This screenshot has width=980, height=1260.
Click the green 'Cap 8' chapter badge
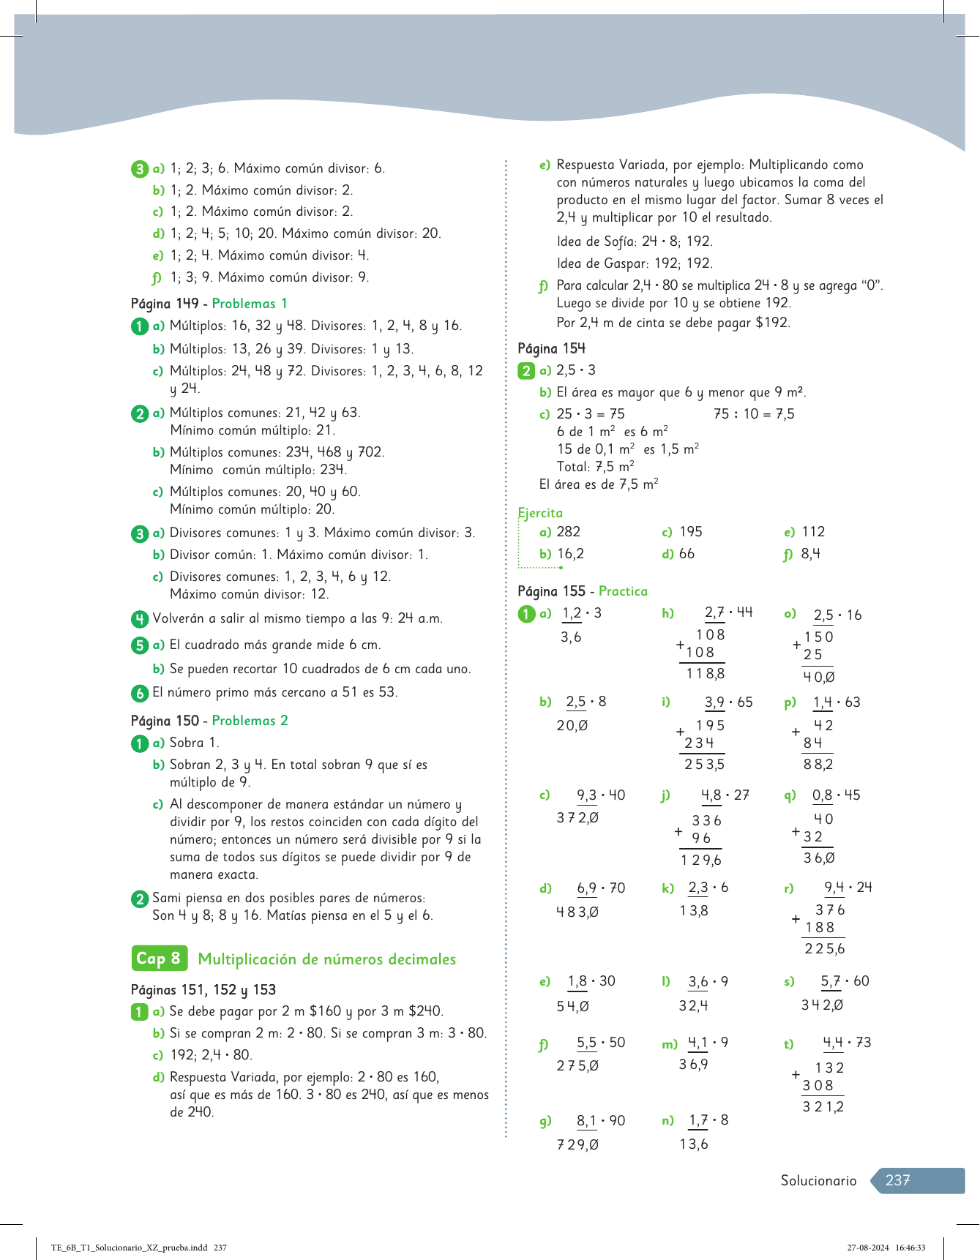coord(158,959)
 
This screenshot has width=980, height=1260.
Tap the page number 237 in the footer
coord(897,1180)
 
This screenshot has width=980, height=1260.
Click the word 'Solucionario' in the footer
coord(818,1180)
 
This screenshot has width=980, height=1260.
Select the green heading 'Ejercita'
coord(540,513)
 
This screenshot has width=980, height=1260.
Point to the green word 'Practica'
coord(623,591)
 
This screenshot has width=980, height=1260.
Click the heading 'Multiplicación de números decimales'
coord(327,959)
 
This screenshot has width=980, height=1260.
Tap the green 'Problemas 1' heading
coord(250,304)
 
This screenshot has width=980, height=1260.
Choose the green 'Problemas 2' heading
coord(250,721)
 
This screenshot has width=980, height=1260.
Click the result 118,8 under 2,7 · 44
coord(705,674)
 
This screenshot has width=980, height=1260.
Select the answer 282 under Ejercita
coord(569,532)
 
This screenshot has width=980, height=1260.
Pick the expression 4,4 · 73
coord(847,1043)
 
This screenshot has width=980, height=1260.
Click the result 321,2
coord(823,1107)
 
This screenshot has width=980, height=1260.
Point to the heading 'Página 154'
coord(551,348)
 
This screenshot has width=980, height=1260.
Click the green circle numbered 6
coord(140,693)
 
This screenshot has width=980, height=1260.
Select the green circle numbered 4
coord(140,619)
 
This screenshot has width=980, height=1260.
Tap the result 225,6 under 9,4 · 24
coord(824,949)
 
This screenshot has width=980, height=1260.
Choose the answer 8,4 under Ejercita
coord(810,554)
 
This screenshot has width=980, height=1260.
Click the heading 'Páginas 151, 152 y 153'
coord(203,990)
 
